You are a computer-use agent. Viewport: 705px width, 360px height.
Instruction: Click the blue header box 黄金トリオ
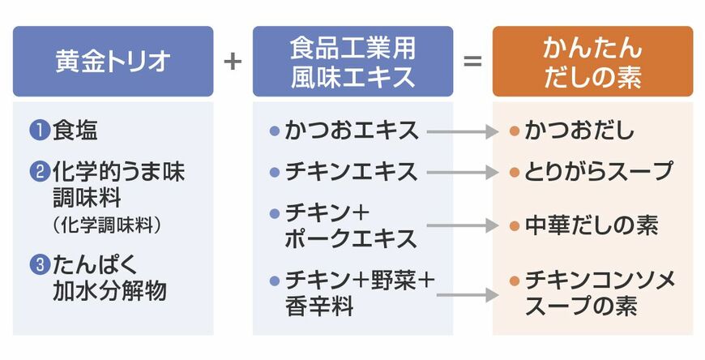[x=113, y=62]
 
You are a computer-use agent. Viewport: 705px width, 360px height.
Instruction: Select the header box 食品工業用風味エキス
[x=352, y=62]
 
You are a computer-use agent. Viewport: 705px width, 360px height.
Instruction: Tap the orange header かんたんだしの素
[x=592, y=62]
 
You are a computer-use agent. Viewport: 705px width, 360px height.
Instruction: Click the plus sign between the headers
[x=233, y=62]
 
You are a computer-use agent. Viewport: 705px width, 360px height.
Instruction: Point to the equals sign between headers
[x=472, y=62]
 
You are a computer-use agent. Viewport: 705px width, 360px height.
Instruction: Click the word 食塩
[x=75, y=130]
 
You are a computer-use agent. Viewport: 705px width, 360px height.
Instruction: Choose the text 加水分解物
[x=110, y=289]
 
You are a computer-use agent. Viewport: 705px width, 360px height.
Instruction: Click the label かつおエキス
[x=352, y=130]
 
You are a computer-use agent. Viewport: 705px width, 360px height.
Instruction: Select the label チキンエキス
[x=352, y=172]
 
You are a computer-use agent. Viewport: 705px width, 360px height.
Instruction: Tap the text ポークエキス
[x=351, y=238]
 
